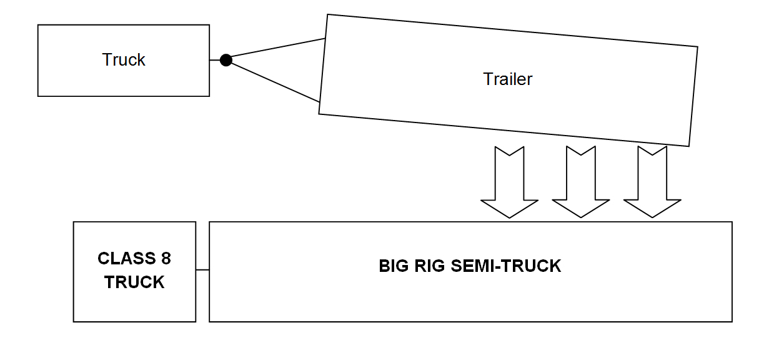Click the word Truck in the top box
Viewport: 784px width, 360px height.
(x=124, y=60)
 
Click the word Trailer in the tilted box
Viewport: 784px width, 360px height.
(x=507, y=79)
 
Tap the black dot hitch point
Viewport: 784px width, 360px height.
(x=226, y=60)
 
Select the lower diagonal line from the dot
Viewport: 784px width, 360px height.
(x=275, y=82)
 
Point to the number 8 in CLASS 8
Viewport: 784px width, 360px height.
(x=165, y=258)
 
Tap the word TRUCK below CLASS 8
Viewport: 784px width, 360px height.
(x=134, y=282)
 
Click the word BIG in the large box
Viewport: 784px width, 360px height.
(x=392, y=266)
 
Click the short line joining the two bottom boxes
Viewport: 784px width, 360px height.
(x=202, y=270)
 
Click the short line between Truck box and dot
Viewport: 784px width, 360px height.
(x=215, y=60)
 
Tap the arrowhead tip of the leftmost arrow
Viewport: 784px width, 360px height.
(x=509, y=216)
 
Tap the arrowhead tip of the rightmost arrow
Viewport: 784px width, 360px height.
(x=652, y=216)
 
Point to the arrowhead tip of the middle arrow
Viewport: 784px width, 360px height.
(x=581, y=216)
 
